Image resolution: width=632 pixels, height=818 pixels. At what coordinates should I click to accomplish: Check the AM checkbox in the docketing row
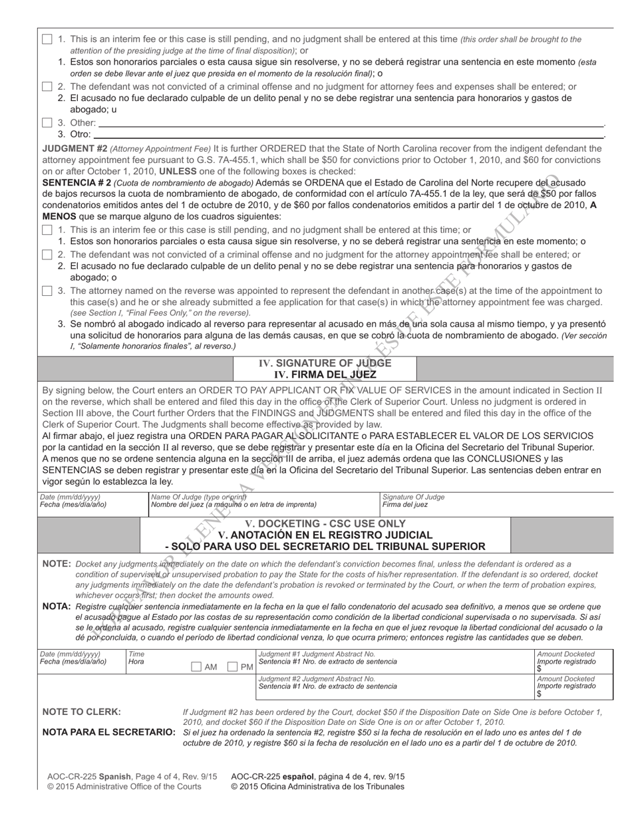click(x=196, y=667)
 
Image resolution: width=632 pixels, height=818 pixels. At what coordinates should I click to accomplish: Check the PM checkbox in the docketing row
click(x=233, y=667)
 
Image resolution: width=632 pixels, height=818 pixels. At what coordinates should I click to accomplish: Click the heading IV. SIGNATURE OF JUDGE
click(x=325, y=363)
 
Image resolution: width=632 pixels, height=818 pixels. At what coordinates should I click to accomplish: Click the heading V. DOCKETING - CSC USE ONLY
click(x=325, y=523)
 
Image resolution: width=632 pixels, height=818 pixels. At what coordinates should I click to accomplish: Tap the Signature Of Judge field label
click(x=413, y=497)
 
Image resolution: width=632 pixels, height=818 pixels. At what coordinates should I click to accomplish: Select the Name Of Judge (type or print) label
click(x=198, y=497)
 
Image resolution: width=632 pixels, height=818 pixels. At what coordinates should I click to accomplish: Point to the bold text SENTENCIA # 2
click(x=77, y=182)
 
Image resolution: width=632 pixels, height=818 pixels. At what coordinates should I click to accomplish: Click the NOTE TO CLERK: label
click(x=82, y=712)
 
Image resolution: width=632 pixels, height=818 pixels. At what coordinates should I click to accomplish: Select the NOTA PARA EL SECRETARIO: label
click(x=109, y=732)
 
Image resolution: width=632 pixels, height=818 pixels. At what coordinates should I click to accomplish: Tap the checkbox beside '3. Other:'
click(x=47, y=122)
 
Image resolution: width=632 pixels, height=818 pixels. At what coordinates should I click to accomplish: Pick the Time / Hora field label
click(x=136, y=658)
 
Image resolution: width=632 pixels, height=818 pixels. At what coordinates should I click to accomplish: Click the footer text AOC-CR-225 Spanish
click(x=89, y=776)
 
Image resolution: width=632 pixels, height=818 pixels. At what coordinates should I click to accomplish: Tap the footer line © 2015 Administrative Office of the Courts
click(x=124, y=787)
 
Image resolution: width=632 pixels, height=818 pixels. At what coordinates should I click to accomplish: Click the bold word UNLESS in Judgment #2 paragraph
click(x=178, y=171)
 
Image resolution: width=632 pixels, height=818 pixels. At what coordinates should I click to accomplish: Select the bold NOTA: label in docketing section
click(x=57, y=607)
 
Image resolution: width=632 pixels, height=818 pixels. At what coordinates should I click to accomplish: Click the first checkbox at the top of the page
click(x=47, y=39)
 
